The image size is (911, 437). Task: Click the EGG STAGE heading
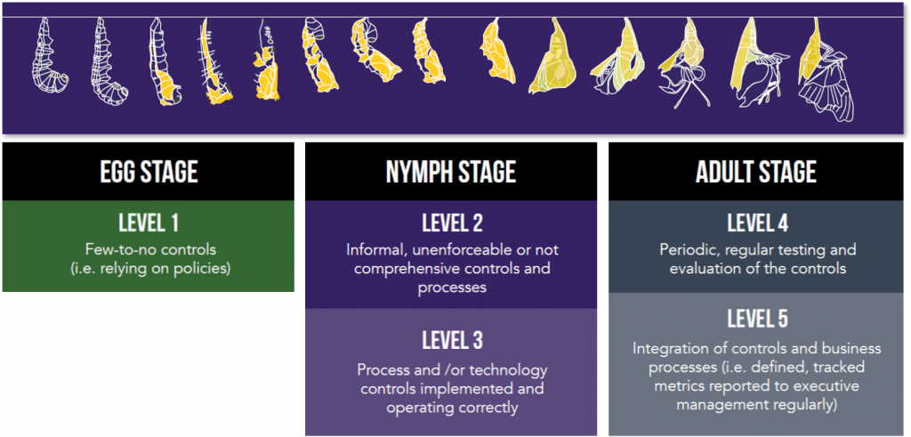[147, 172]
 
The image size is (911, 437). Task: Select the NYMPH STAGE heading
[451, 172]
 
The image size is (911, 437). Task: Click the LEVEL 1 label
[147, 223]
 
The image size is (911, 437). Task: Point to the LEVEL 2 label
[452, 223]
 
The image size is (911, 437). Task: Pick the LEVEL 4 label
[757, 223]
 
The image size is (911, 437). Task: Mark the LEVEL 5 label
[757, 319]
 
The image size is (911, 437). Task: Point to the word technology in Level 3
[512, 369]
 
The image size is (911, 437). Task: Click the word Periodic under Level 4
[689, 249]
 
